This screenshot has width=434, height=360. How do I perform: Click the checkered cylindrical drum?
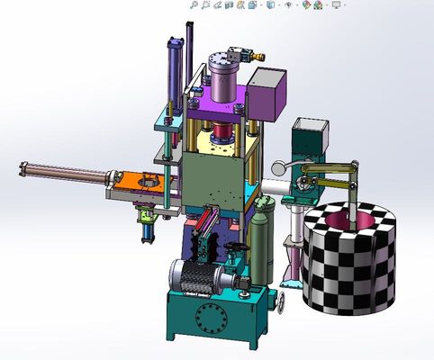coord(349,270)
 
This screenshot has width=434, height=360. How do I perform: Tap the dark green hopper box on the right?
coord(308,139)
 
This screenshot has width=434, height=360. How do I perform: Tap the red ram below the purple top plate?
coord(220,139)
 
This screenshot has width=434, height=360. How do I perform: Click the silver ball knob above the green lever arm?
coord(280,166)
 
